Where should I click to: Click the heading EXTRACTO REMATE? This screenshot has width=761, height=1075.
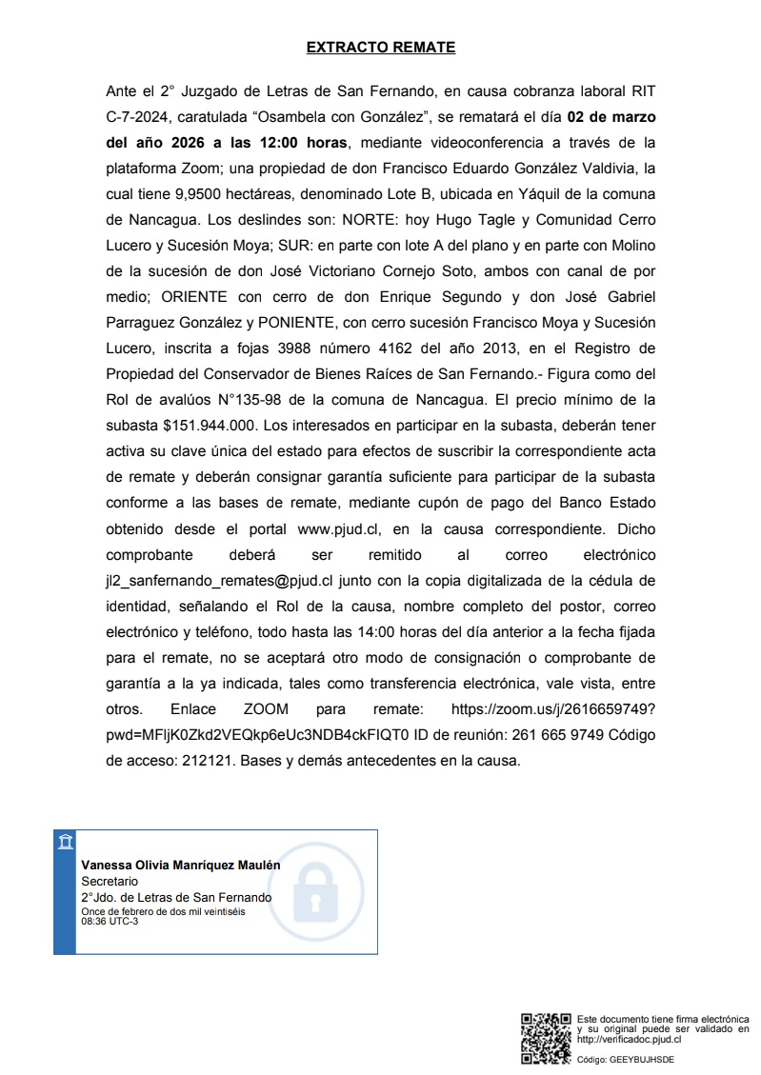click(x=381, y=47)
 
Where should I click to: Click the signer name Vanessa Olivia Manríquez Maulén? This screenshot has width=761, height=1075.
click(x=181, y=866)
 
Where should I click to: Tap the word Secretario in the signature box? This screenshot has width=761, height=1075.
click(x=110, y=882)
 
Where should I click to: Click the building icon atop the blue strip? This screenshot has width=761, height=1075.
click(x=65, y=842)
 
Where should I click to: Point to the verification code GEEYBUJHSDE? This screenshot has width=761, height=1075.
click(x=640, y=1060)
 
